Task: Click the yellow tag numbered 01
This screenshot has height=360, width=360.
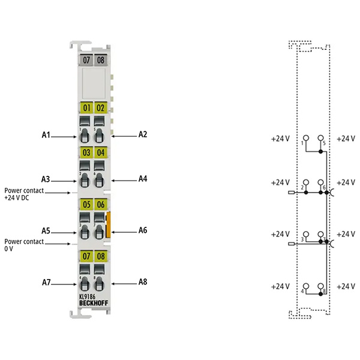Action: click(x=86, y=107)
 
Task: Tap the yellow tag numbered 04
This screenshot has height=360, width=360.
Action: click(x=101, y=152)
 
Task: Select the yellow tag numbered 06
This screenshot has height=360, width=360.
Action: click(x=101, y=204)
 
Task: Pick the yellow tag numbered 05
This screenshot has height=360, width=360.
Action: click(x=86, y=204)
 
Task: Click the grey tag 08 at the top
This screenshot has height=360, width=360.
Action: click(x=101, y=60)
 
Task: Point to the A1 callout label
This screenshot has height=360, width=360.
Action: click(x=46, y=135)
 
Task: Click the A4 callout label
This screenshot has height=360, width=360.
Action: click(x=143, y=179)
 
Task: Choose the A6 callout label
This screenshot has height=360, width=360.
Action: click(x=143, y=230)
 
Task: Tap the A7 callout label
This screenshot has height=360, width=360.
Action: click(x=46, y=282)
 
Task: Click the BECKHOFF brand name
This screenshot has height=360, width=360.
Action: click(x=94, y=303)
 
